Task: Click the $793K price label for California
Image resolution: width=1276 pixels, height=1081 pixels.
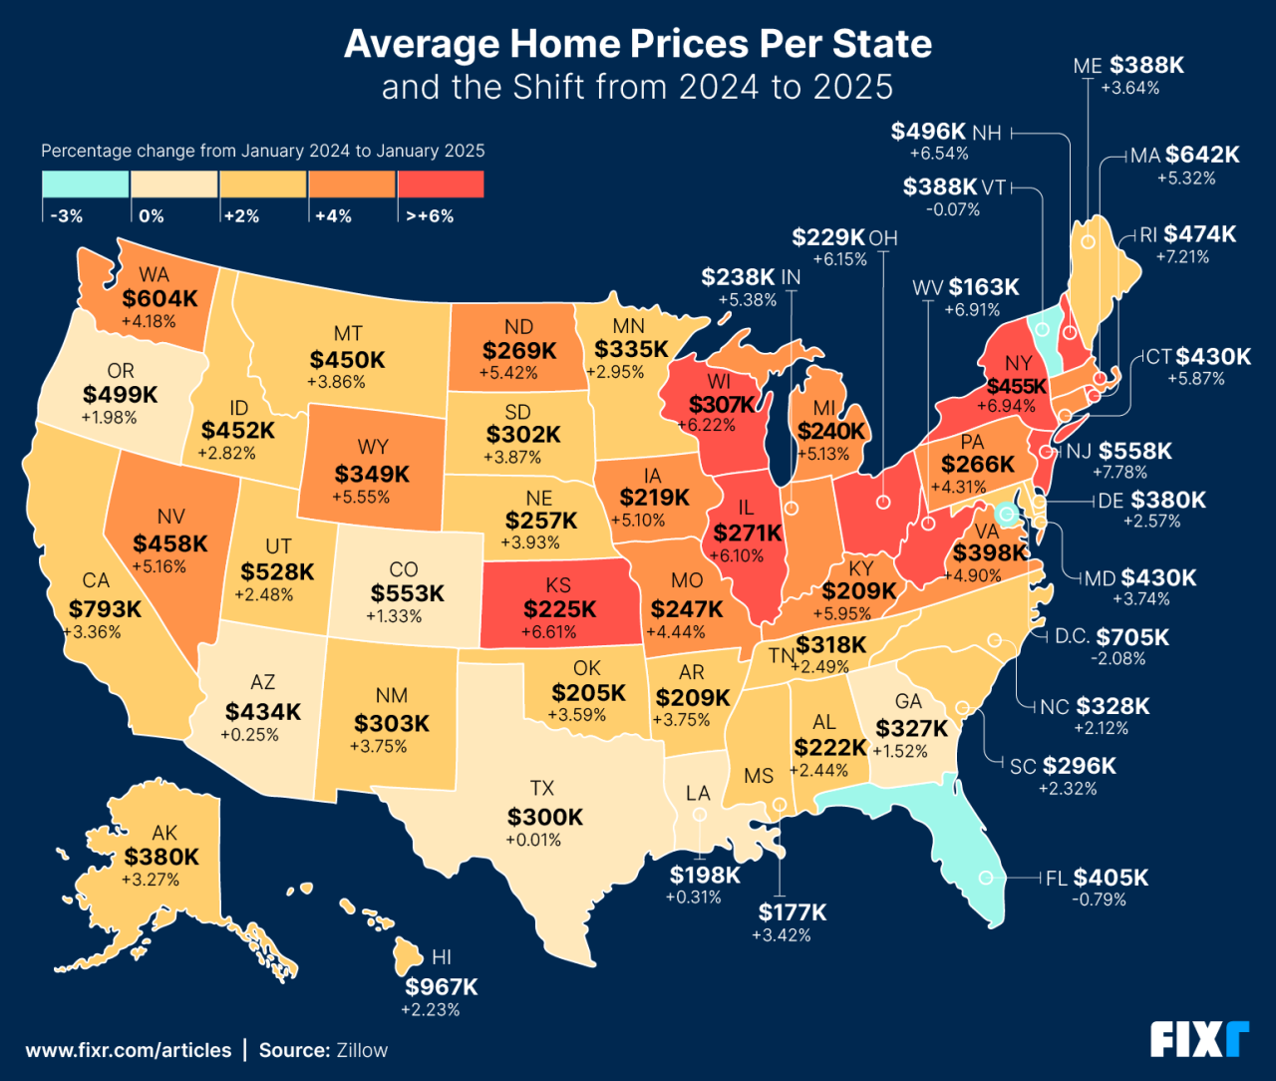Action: click(105, 608)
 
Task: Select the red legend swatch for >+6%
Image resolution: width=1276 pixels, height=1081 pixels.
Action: click(440, 184)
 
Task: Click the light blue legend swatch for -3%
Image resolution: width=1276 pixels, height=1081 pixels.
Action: click(86, 184)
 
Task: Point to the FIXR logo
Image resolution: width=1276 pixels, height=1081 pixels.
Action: click(1199, 1039)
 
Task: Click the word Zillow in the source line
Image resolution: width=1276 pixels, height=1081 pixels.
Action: click(362, 1050)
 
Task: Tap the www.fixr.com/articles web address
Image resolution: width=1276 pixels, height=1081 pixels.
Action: click(129, 1050)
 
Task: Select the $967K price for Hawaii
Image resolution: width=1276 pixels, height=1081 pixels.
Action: click(441, 987)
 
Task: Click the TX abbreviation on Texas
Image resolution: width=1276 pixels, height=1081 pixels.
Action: click(542, 789)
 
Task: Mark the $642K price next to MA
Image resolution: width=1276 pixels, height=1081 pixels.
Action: click(1202, 155)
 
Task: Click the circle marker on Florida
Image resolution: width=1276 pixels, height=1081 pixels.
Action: click(986, 879)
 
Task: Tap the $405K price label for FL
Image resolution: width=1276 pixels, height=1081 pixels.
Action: click(1111, 878)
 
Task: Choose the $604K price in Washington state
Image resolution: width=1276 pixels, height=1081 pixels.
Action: click(159, 298)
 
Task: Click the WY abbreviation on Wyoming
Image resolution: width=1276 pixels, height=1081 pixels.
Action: click(373, 447)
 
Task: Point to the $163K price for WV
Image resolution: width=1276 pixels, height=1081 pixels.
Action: click(984, 287)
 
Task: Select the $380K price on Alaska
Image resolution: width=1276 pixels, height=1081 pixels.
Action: click(161, 857)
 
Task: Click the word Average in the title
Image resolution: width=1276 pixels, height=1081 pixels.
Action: click(422, 44)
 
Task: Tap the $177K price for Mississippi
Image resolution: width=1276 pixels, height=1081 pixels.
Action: click(792, 912)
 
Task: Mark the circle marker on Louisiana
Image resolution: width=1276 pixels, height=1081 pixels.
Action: click(700, 815)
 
